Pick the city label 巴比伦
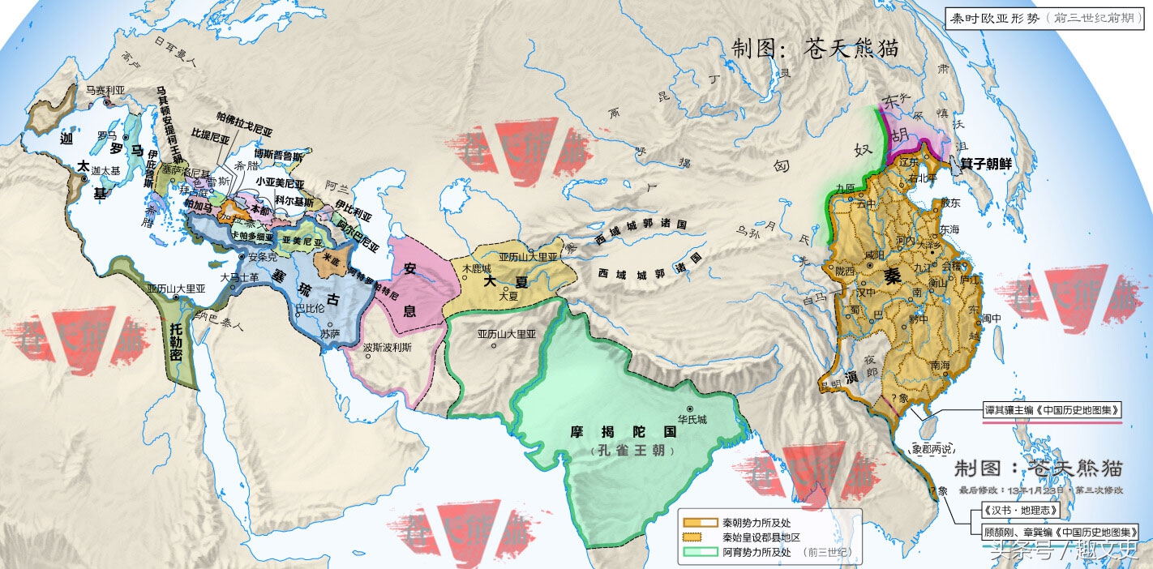(x=311, y=308)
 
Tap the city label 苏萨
(x=330, y=333)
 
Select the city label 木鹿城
(x=477, y=267)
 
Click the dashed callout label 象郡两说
(x=932, y=448)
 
